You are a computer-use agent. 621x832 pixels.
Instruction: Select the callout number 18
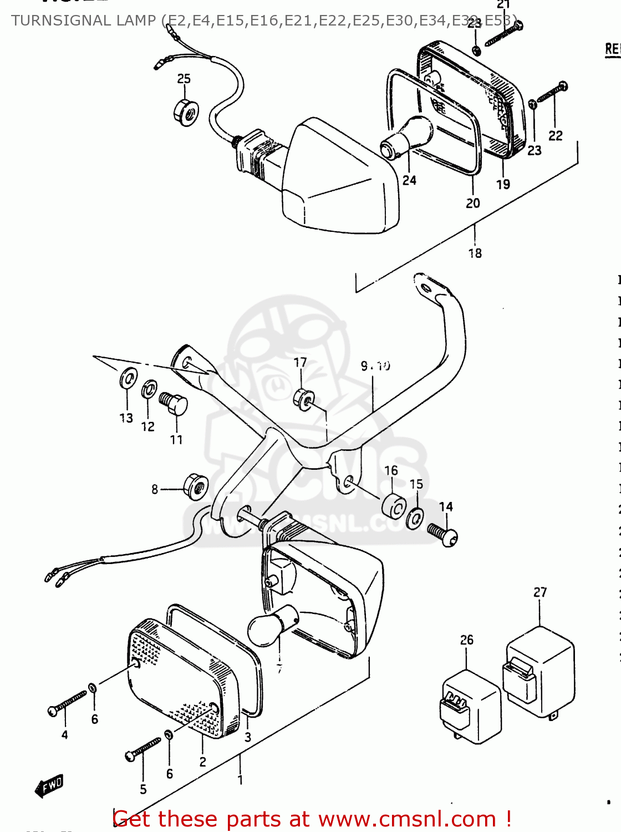click(x=475, y=253)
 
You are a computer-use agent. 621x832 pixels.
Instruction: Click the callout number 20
click(x=473, y=204)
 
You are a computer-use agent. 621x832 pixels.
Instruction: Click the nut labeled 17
click(x=304, y=399)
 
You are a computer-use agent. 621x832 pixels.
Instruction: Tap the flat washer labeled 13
click(x=128, y=380)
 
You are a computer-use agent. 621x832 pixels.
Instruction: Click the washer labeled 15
click(x=415, y=518)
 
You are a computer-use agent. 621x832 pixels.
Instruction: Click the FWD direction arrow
click(x=49, y=786)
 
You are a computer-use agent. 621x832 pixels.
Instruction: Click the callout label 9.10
click(x=375, y=366)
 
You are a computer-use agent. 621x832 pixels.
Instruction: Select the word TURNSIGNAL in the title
click(x=83, y=21)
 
